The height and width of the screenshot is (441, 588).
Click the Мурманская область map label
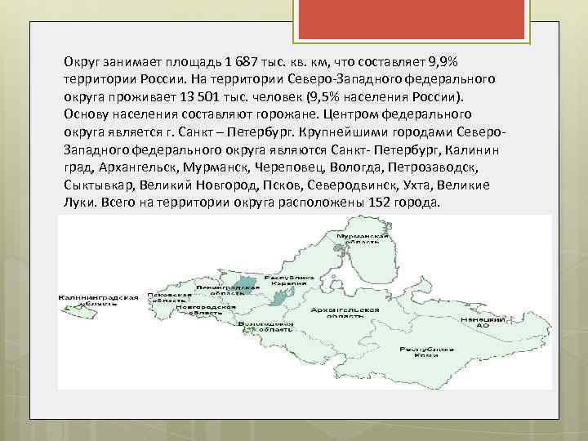(x=354, y=238)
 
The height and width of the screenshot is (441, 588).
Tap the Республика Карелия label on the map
(x=292, y=282)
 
